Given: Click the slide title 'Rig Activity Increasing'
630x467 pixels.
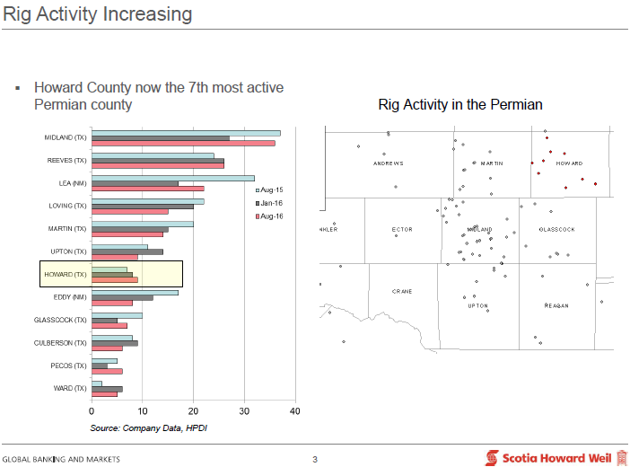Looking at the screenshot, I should (x=97, y=14).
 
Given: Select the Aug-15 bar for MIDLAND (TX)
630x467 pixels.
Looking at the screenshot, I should (x=185, y=133).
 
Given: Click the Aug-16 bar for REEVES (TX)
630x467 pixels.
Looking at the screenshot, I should (x=157, y=166).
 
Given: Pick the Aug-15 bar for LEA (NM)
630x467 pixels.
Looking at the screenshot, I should (x=172, y=178).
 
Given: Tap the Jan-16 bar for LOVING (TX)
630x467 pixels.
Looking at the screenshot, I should (x=142, y=207).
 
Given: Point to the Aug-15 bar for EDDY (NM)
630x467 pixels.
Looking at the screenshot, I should (x=134, y=292).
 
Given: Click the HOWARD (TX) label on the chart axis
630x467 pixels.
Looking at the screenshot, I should (x=66, y=274).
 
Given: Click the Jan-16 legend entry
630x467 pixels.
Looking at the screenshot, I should (x=270, y=204).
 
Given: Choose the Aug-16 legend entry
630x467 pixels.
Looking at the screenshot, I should (x=270, y=216).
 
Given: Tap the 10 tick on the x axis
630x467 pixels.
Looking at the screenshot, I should (x=142, y=411).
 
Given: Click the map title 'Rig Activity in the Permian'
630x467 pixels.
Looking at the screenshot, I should (x=460, y=105).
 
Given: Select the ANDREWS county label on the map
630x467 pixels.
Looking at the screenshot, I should (x=389, y=163).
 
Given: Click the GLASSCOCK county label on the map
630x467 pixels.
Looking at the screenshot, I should (x=556, y=230).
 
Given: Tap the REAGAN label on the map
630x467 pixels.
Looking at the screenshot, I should (x=556, y=306).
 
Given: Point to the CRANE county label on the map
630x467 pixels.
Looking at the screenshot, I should (x=402, y=292).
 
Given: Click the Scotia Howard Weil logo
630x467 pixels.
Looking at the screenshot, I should (x=556, y=457).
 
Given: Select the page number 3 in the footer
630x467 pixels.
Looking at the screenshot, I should (x=315, y=460).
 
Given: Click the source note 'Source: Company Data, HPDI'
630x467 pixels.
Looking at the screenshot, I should (x=149, y=427).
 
